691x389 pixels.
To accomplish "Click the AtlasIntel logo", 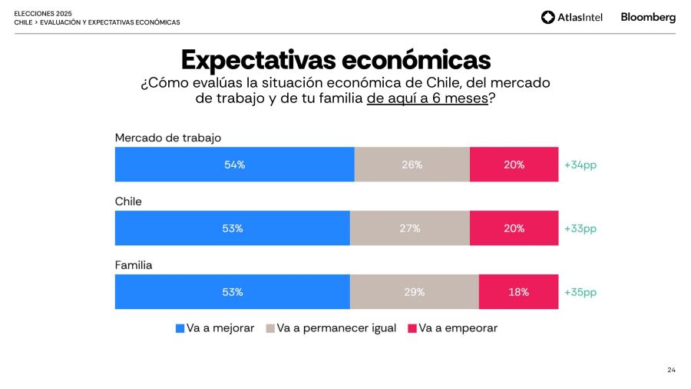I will tap(573, 17).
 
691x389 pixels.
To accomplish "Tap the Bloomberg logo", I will tap(648, 17).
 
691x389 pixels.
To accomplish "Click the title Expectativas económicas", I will tap(336, 59).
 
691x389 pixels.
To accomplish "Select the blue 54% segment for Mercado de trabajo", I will tap(234, 165).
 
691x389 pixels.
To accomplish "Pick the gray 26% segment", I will tap(412, 165).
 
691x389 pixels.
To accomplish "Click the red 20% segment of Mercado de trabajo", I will tap(514, 165).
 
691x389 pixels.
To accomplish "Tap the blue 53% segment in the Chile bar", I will tap(232, 228).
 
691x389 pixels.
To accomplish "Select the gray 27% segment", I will tap(409, 228).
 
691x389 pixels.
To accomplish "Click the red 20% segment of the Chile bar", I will tap(514, 228).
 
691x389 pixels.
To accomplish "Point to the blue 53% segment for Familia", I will tap(232, 292).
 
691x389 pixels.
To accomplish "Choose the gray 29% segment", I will tap(414, 292).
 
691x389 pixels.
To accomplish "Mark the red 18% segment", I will tap(518, 292).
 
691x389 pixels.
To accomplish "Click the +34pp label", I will tap(580, 165).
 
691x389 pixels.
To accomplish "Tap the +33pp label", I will tap(580, 228).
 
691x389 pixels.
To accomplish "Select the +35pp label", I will tap(580, 292).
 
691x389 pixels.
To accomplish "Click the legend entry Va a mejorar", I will tap(215, 328).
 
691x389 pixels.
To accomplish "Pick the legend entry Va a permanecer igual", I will tap(331, 328).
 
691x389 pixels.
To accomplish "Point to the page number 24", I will tap(671, 371).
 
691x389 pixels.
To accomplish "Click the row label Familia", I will tap(134, 265).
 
